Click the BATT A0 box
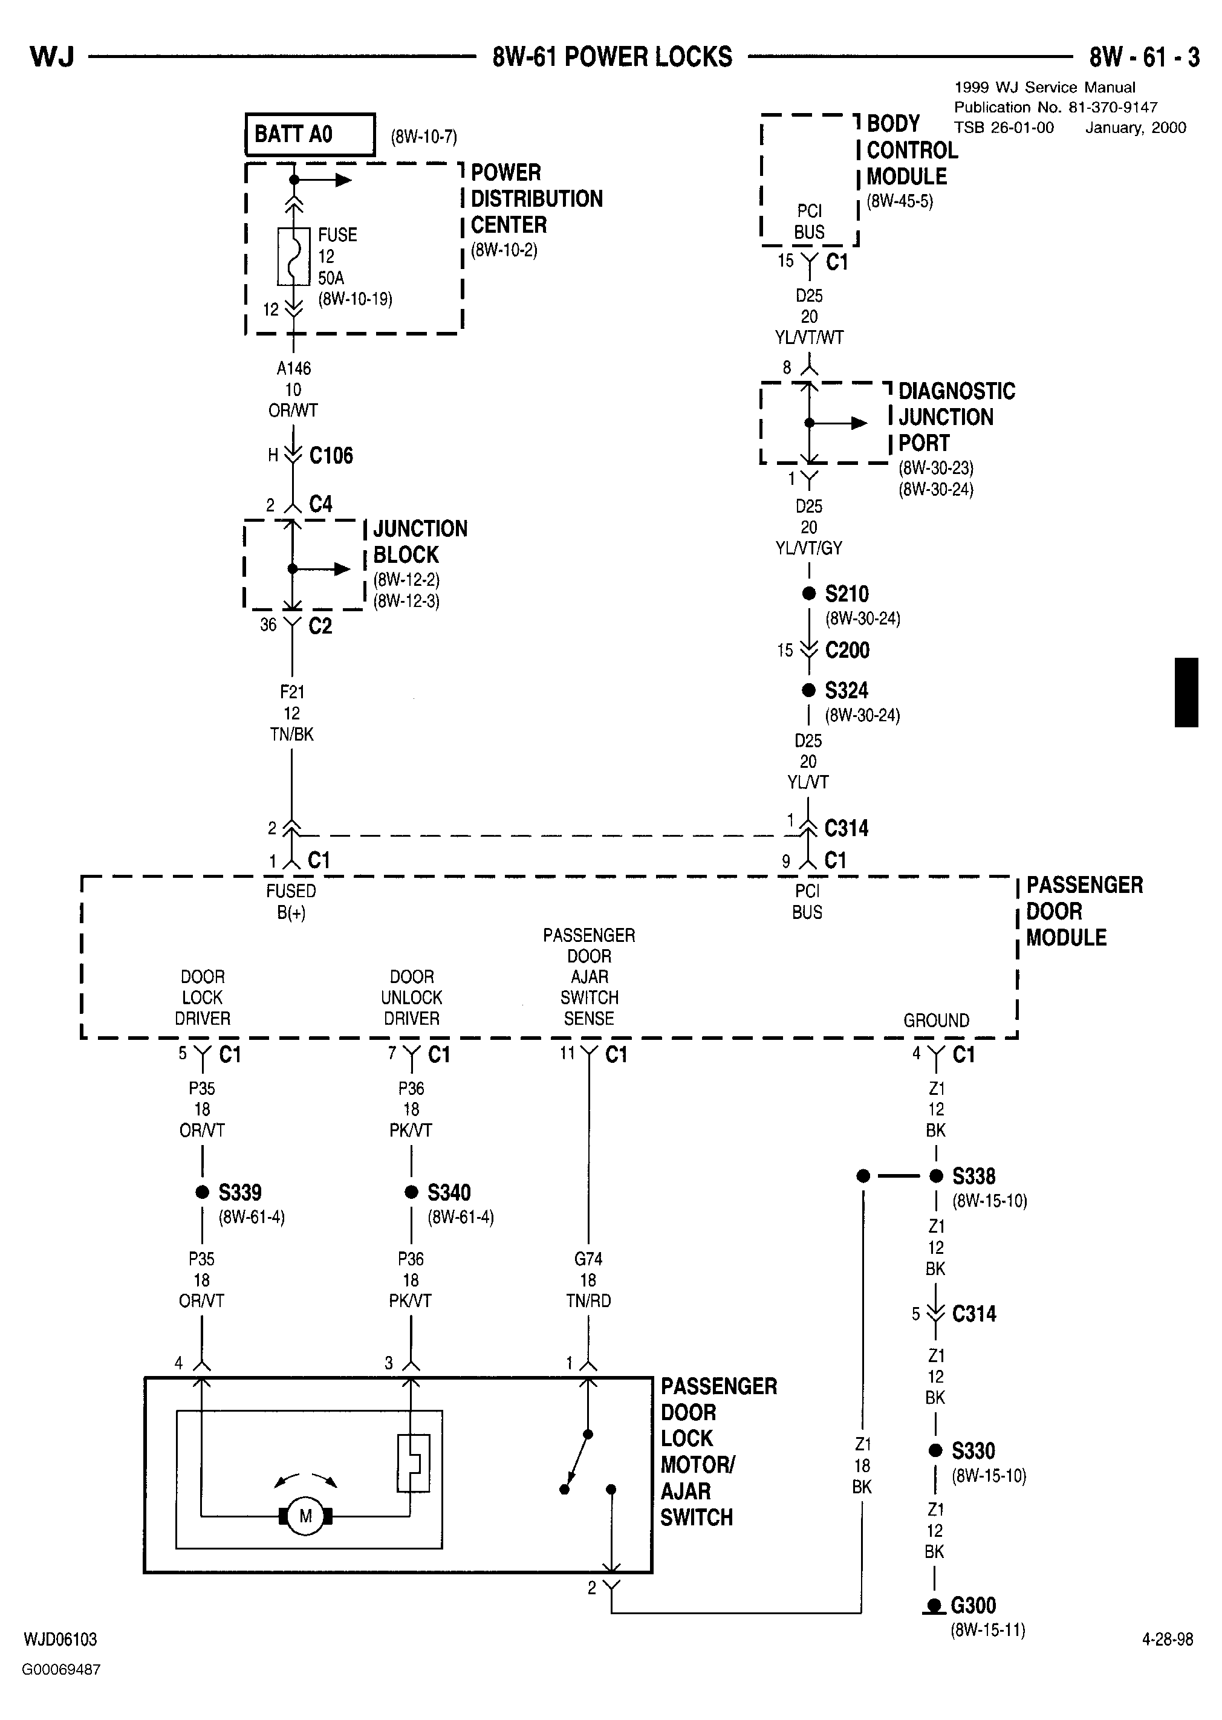click(x=310, y=135)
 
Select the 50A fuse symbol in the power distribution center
click(x=293, y=256)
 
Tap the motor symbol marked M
click(x=305, y=1516)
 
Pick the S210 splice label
click(x=847, y=594)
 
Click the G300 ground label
click(x=973, y=1606)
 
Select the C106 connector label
click(x=331, y=455)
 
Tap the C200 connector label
click(x=847, y=650)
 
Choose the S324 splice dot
click(x=808, y=690)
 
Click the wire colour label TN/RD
click(x=588, y=1301)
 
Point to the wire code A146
click(x=293, y=369)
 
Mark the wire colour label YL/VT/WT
click(x=809, y=338)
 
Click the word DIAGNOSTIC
click(x=957, y=391)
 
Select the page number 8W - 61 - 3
click(x=1145, y=57)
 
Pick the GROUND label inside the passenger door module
click(x=936, y=1021)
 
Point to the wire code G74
click(x=588, y=1259)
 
